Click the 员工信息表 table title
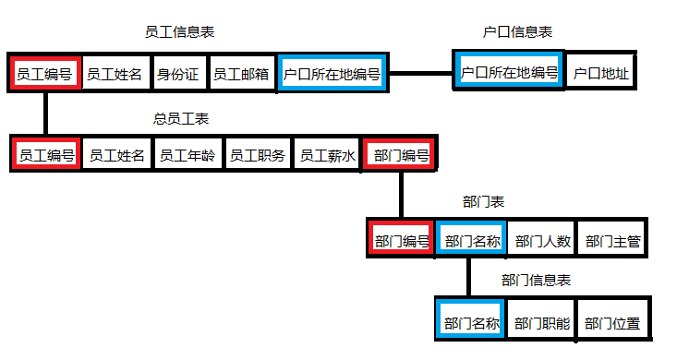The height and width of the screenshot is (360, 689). [180, 32]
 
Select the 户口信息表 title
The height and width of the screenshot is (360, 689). [518, 32]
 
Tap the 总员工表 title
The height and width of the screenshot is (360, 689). [180, 119]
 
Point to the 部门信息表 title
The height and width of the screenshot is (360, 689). [536, 280]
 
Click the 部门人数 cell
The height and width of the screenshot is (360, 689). [543, 242]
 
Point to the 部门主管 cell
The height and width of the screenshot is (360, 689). [613, 242]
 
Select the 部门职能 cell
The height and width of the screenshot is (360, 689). [542, 324]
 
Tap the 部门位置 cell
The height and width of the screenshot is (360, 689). [613, 324]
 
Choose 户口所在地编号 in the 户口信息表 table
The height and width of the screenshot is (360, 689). [509, 72]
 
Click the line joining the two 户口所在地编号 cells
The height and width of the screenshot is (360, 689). [421, 72]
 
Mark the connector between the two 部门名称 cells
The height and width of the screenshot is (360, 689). [469, 278]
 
